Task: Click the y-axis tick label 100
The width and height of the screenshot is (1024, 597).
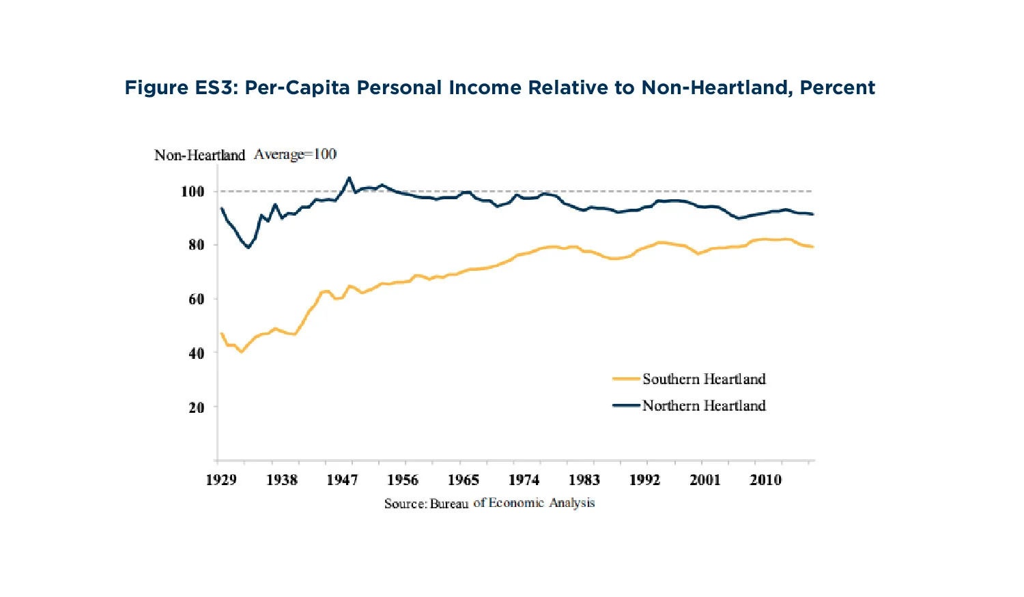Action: point(193,192)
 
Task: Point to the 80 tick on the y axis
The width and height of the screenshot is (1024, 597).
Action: point(196,245)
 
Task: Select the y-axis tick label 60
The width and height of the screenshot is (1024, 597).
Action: point(196,299)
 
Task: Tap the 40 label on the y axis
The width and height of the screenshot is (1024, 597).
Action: point(196,353)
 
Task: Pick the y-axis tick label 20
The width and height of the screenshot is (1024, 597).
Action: point(196,408)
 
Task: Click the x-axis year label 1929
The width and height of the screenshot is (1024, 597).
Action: point(221,480)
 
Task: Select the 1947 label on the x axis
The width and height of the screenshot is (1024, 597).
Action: point(342,480)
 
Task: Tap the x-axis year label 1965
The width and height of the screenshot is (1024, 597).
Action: point(463,480)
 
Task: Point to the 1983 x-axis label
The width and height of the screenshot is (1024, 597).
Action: point(584,480)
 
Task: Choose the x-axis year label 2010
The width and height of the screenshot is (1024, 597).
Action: point(765,480)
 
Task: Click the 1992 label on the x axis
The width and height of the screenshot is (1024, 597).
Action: point(644,480)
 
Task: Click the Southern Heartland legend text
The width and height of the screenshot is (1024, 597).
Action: point(704,379)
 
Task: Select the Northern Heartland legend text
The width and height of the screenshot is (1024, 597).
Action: point(704,406)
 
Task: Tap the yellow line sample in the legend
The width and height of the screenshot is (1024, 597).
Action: point(626,379)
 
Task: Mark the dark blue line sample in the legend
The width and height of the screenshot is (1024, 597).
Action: point(626,405)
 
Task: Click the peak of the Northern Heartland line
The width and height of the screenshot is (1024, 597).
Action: point(349,178)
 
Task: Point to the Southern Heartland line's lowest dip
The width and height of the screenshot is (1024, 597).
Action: point(241,351)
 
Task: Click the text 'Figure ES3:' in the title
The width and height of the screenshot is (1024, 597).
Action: point(180,88)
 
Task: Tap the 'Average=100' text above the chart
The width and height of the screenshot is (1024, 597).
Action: point(295,155)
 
